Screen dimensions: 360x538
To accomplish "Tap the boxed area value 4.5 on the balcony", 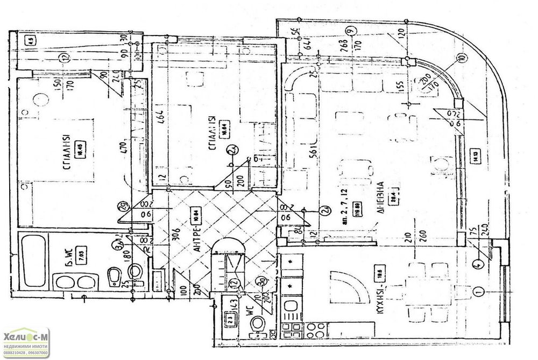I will point(31,39).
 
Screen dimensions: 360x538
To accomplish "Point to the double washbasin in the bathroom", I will point(77,282).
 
